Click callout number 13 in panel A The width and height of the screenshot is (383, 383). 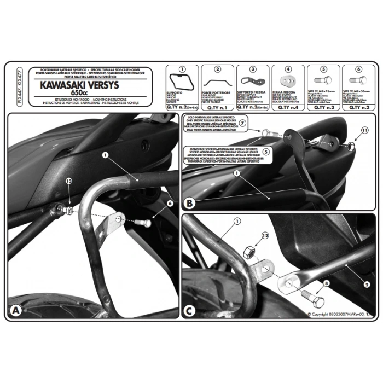[x=68, y=196]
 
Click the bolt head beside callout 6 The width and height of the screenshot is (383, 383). [x=140, y=223]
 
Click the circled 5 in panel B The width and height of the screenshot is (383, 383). [x=266, y=152]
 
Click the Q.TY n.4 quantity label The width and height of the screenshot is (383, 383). [x=288, y=108]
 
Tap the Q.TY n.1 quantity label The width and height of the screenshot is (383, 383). [x=217, y=108]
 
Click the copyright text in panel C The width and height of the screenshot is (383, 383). [x=340, y=314]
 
